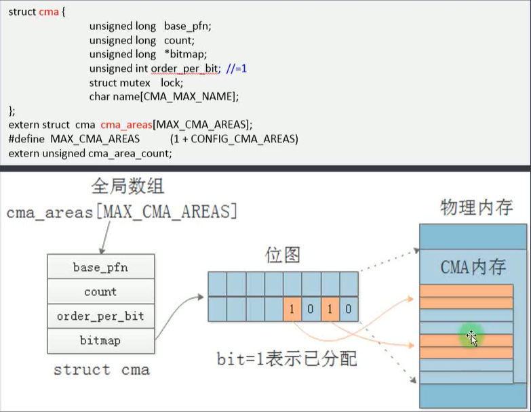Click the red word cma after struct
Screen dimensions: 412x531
pyautogui.click(x=50, y=12)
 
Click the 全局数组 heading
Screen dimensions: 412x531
pyautogui.click(x=128, y=186)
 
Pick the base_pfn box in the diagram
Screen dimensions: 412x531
pyautogui.click(x=100, y=268)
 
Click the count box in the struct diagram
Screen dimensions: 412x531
pyautogui.click(x=100, y=292)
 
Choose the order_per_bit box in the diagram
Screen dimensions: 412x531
pyautogui.click(x=100, y=316)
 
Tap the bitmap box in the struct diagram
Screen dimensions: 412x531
pyautogui.click(x=100, y=341)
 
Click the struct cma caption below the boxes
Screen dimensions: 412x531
pyautogui.click(x=101, y=370)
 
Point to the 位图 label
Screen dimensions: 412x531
pyautogui.click(x=282, y=255)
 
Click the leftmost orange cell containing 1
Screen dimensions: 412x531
pyautogui.click(x=292, y=309)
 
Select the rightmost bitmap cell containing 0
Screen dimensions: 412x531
pyautogui.click(x=349, y=309)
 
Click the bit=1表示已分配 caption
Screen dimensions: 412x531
pyautogui.click(x=286, y=358)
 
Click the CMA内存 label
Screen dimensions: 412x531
pyautogui.click(x=473, y=267)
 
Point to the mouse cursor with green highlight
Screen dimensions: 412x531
pyautogui.click(x=471, y=336)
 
